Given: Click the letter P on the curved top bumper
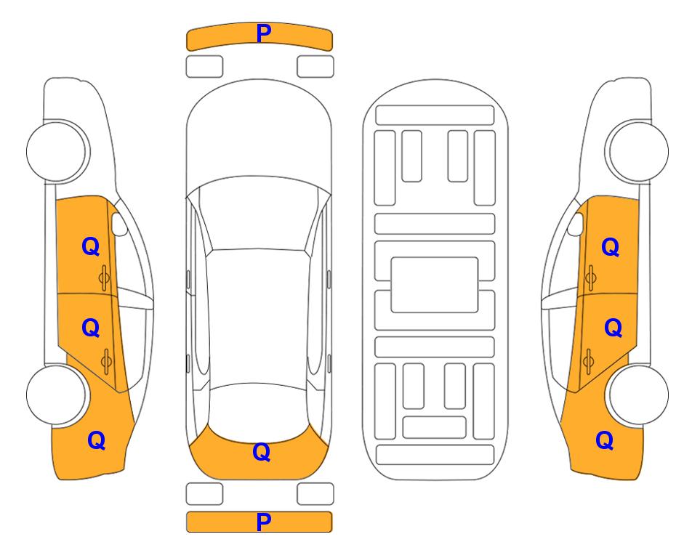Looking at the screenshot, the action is [263, 33].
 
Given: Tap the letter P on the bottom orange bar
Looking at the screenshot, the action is [263, 522].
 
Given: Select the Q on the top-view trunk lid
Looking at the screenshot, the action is [262, 452].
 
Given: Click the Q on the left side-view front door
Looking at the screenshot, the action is [91, 246].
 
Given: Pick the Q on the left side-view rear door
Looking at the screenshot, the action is [91, 328].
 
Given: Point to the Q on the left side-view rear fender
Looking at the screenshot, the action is [97, 440].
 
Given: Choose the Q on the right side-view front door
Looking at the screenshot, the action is [611, 247].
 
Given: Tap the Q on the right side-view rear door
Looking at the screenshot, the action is [613, 328].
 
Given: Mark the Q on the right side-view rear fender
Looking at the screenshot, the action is [605, 440].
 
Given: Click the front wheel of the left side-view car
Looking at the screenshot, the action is [56, 151].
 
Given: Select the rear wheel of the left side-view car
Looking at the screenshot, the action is [56, 395].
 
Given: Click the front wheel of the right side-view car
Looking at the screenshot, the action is [639, 151].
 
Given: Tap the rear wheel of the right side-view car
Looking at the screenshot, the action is [639, 395].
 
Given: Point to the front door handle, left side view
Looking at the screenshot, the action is [105, 278].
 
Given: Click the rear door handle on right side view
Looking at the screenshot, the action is [588, 362].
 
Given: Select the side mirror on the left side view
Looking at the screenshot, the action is [118, 224].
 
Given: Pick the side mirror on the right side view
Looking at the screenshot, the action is [576, 224].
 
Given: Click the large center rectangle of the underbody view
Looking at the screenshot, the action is [435, 285].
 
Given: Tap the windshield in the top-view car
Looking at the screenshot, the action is [259, 214].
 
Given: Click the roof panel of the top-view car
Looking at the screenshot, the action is [259, 317].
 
